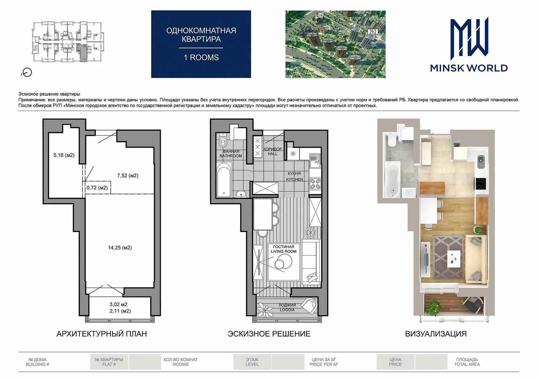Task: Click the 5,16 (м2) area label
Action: tap(64, 155)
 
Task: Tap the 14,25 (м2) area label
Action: tap(120, 248)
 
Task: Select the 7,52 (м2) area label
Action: tap(128, 175)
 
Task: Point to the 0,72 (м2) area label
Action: tap(97, 187)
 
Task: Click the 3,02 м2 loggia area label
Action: tap(118, 304)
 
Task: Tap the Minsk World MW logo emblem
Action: tap(469, 38)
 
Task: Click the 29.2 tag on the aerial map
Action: tap(372, 31)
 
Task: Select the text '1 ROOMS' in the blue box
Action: tap(201, 58)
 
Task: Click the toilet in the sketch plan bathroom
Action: tap(223, 141)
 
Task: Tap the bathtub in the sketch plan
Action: tap(224, 180)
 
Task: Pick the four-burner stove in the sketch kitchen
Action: tap(315, 183)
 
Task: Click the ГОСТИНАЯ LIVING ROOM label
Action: tap(284, 249)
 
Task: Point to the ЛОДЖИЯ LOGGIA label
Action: tap(287, 307)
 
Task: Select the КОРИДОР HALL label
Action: tap(272, 151)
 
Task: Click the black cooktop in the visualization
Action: tap(481, 184)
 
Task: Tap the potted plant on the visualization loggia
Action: tap(434, 307)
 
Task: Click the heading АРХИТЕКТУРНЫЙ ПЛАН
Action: tap(102, 334)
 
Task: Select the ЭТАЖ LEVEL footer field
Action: tap(252, 362)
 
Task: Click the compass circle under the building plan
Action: tap(27, 72)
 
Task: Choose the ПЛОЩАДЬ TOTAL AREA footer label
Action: tap(467, 362)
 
